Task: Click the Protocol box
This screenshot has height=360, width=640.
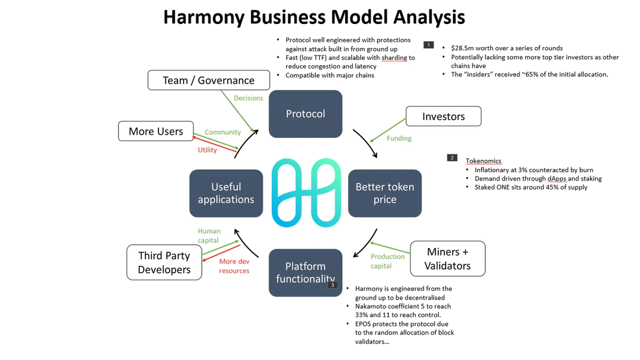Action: coord(305,114)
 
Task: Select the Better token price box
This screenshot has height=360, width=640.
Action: coord(385,193)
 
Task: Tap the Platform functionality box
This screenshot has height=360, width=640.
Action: coord(305,272)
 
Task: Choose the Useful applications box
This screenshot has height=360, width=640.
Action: coord(226,193)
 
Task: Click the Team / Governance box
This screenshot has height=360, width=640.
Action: coord(209,81)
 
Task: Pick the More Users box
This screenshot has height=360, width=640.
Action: coord(156,131)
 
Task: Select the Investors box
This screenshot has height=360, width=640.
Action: coord(443,116)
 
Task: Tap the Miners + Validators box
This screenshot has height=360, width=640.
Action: coord(447,259)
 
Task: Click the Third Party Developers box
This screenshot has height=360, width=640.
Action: coord(164,262)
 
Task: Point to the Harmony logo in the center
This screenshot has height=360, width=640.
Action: coord(306,193)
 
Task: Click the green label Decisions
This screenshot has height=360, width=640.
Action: coord(249,98)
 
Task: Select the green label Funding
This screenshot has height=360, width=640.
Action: coord(399,138)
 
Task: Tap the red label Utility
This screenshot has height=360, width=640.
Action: coord(207,150)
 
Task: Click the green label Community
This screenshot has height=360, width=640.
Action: coord(222,132)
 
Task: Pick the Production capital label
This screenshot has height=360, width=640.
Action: coord(388,261)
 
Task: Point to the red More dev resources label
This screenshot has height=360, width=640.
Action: coord(234,266)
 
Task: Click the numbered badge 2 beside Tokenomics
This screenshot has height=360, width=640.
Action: coord(452,157)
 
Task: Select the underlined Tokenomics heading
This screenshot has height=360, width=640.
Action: coord(483,161)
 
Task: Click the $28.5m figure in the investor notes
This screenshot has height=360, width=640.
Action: coord(464,48)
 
